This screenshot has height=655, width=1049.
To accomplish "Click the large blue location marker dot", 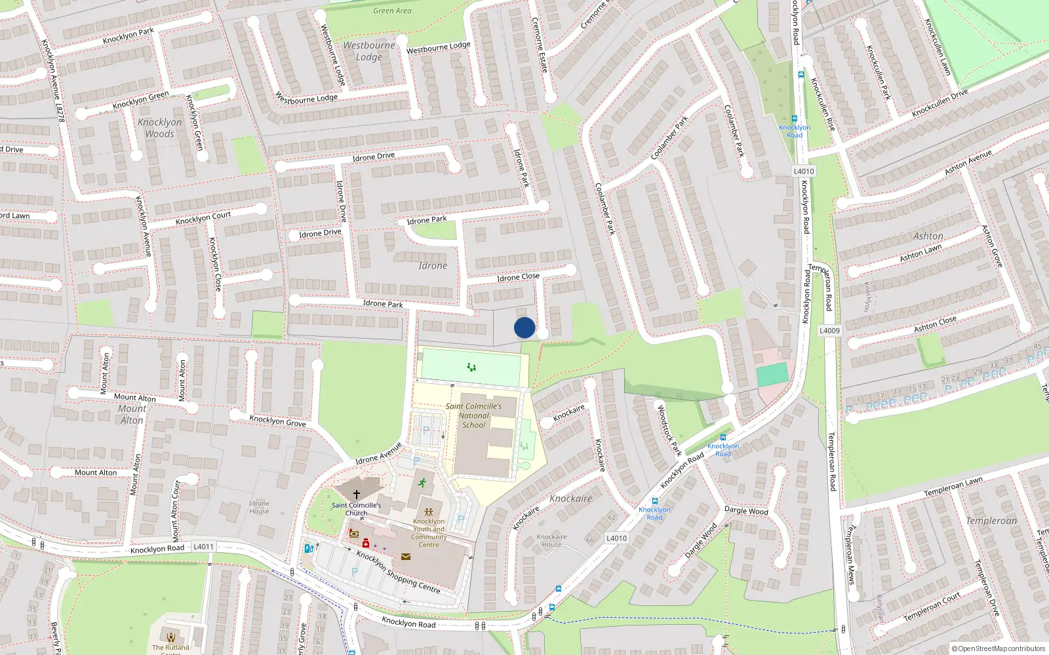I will click(524, 327).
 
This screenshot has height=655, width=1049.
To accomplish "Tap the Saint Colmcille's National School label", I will click(473, 416).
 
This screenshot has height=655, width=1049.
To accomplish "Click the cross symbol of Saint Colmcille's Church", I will click(357, 495).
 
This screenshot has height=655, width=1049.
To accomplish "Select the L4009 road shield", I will click(829, 331).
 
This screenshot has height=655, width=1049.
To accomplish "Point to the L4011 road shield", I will click(203, 546).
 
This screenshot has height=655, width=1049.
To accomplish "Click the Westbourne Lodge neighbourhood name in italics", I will click(369, 51).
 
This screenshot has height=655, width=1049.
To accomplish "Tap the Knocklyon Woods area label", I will click(160, 128).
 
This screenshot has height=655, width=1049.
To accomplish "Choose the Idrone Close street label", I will click(518, 277).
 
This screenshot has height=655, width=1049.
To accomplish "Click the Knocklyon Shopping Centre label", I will click(398, 572).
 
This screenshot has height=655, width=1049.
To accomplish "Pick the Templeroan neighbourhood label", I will click(991, 521).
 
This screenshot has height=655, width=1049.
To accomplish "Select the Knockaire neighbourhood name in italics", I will click(570, 498).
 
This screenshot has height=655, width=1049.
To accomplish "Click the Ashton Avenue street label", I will click(968, 162).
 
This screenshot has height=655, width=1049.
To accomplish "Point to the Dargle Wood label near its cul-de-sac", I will click(746, 510).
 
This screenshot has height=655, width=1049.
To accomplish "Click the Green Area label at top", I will click(392, 10).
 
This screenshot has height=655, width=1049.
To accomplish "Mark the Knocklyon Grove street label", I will click(277, 421).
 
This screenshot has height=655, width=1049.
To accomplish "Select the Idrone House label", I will click(259, 507).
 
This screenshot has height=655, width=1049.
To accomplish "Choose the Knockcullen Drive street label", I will click(940, 103).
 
